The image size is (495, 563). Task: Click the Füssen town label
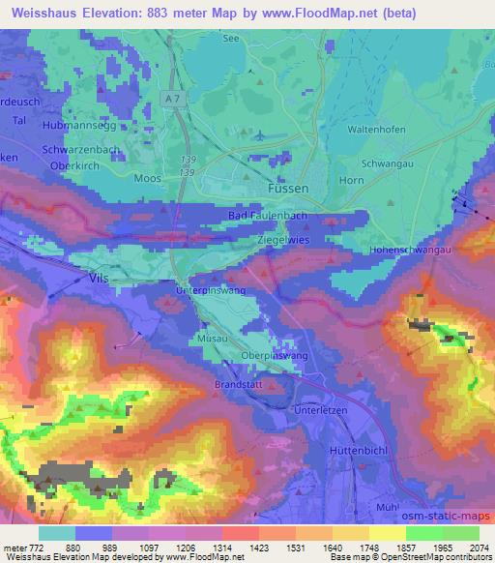coord(287,191)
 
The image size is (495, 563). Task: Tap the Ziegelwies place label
coord(284,236)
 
